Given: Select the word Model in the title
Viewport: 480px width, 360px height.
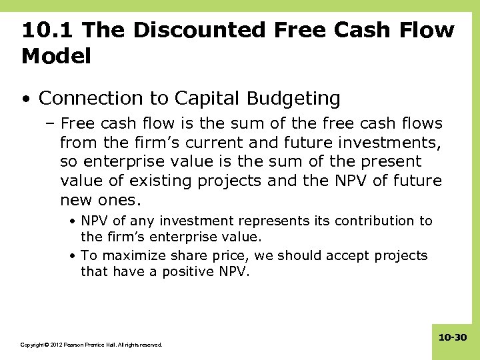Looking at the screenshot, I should coord(56,57).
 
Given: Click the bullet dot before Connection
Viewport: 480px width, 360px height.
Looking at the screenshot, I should coord(25,99).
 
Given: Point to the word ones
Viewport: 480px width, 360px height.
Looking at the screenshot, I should coord(123,200).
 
